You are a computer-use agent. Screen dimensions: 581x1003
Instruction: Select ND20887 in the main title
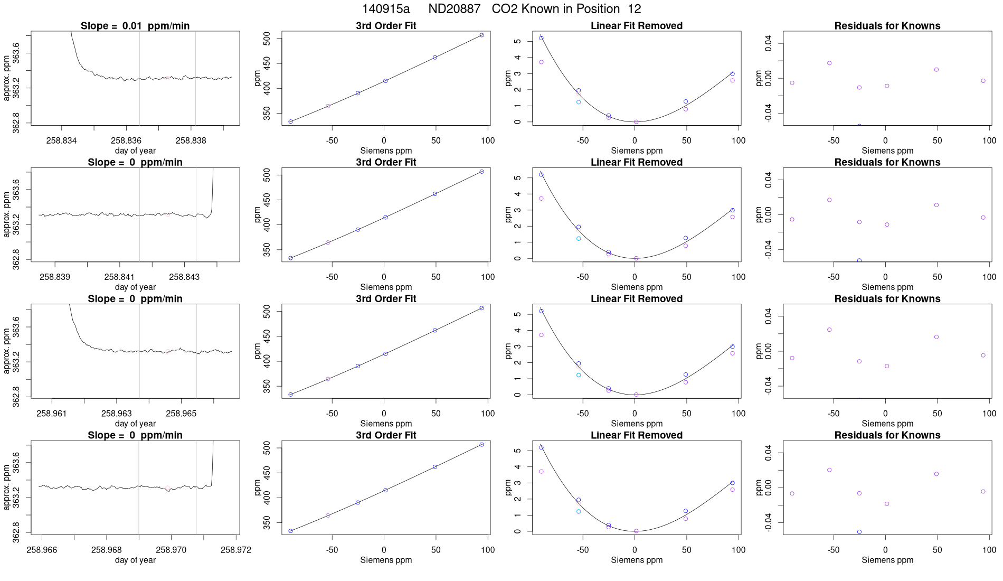[454, 9]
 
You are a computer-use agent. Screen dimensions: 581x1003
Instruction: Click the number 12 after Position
[635, 9]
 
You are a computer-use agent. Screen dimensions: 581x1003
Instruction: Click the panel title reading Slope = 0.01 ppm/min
[135, 26]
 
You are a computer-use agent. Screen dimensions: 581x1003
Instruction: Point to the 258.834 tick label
[61, 140]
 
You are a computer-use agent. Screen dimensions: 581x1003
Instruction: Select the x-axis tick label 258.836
[126, 140]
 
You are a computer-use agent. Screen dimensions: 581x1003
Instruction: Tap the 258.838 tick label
[191, 140]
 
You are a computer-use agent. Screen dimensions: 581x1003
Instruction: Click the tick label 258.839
[55, 277]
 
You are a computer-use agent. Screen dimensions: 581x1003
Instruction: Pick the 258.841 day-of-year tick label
[119, 277]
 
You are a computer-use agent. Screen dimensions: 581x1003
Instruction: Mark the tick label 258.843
[184, 277]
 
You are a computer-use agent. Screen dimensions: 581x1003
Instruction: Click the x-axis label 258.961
[52, 414]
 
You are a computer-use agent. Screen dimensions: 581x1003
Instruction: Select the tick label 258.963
[117, 414]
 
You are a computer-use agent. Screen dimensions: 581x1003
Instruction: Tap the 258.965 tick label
[181, 414]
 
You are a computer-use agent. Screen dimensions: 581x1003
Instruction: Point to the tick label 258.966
[42, 550]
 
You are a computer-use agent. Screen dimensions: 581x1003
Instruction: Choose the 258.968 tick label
[107, 550]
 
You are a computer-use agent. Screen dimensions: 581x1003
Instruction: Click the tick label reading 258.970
[171, 550]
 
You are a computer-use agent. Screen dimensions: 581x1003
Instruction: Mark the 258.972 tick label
[236, 550]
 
